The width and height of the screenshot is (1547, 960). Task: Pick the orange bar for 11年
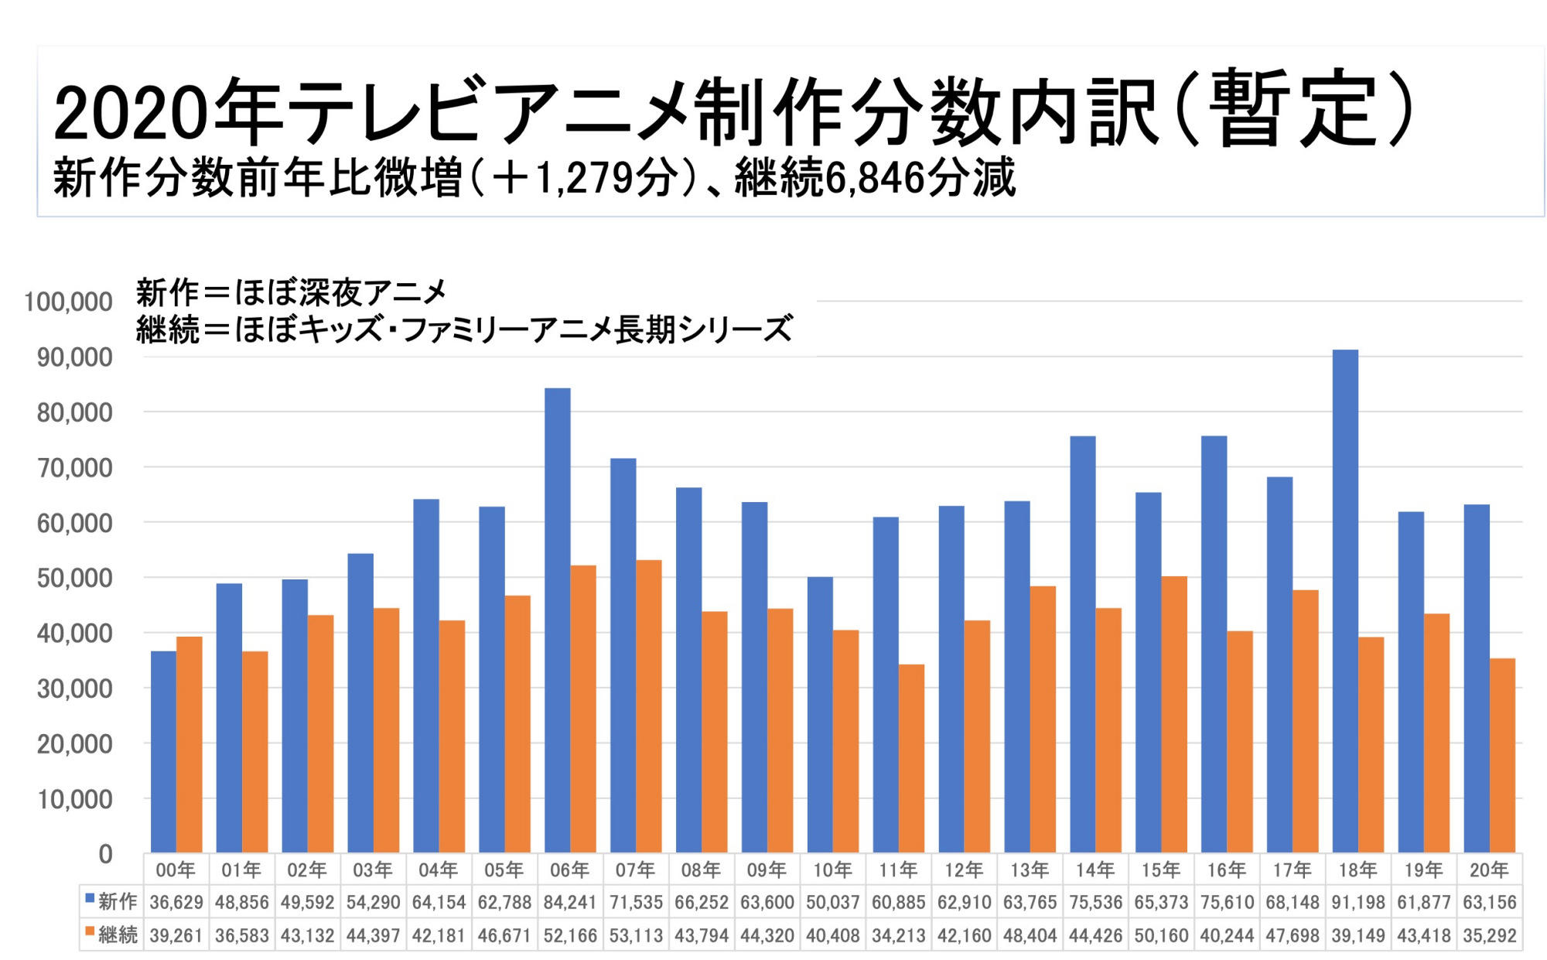coord(911,758)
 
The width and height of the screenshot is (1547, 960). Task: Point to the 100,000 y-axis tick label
coord(68,302)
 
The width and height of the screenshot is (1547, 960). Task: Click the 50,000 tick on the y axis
coord(75,578)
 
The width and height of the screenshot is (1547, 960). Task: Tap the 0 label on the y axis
coord(105,854)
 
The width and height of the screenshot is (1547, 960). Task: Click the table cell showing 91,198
coord(1357,902)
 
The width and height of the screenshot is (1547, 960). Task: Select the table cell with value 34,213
coord(898,935)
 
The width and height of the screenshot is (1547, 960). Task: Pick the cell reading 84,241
coord(569,902)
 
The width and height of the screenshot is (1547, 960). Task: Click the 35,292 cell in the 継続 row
coord(1489,935)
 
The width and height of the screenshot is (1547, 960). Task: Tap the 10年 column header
coord(832,869)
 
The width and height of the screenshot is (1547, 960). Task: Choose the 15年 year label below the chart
coord(1160,869)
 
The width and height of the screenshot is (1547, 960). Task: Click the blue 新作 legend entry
coord(111,901)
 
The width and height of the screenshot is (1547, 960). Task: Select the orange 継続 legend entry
coord(111,934)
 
